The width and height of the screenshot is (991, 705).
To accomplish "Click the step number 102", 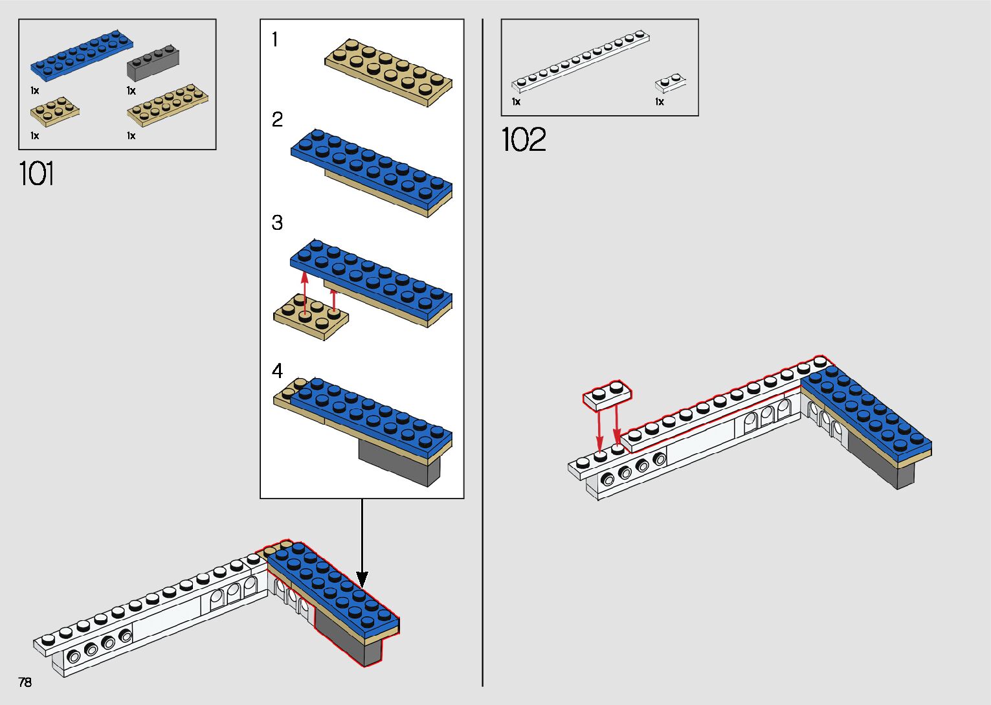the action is point(524,139).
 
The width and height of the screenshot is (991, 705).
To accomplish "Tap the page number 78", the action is point(25,682).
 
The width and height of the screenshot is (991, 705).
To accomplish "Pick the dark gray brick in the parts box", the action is point(153,63).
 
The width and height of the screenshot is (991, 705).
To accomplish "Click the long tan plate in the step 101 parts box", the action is point(168,106).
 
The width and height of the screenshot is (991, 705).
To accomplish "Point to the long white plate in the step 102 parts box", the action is point(581,61).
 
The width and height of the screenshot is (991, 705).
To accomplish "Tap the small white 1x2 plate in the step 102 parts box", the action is point(671,84).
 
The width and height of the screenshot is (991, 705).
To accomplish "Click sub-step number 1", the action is point(275,39).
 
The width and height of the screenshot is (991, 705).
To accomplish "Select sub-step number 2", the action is point(277,120).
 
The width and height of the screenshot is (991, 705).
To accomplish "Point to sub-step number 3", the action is point(277,223).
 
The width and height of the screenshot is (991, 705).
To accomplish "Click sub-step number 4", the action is point(277,371).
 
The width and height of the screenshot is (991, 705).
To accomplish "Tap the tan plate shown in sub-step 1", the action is point(388,72).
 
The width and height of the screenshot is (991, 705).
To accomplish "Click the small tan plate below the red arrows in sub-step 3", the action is point(311,317).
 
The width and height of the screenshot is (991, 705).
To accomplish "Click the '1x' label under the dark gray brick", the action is point(131,91).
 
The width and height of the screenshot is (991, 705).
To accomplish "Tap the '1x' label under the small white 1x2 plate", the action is point(660,102).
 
